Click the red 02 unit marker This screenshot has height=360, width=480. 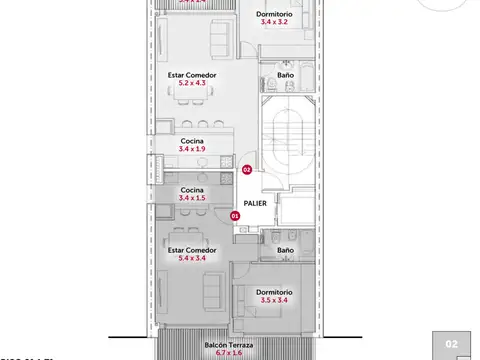pos(247,170)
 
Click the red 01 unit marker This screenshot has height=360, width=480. pos(236,215)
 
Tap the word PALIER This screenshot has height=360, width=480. pos(255,202)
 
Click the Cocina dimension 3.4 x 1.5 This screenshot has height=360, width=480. pos(192,198)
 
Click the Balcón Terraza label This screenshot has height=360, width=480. pos(229,345)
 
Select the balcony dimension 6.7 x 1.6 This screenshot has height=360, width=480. pos(229,354)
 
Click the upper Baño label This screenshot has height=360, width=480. pos(285,75)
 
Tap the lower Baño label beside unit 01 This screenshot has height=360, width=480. pos(285,250)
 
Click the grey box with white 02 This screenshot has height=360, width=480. pos(451,344)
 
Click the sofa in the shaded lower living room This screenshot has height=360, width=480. pos(212,291)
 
